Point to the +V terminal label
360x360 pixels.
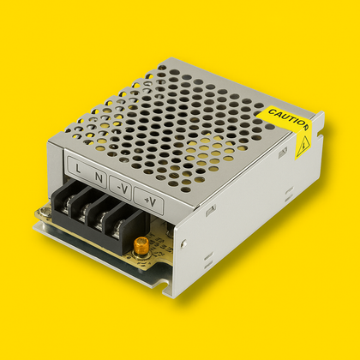pyautogui.click(x=149, y=202)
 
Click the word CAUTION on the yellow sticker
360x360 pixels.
pyautogui.click(x=286, y=117)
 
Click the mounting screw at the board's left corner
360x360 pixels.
pyautogui.click(x=39, y=213)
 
